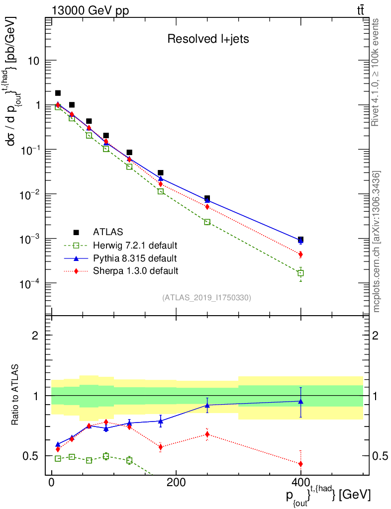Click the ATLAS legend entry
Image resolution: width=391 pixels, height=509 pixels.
click(108, 232)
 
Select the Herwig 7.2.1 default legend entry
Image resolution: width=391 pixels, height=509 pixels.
click(135, 245)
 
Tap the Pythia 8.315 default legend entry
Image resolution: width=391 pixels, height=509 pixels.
click(134, 258)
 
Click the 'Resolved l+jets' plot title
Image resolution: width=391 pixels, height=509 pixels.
click(208, 39)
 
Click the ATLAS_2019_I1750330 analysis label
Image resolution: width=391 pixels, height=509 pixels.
click(206, 298)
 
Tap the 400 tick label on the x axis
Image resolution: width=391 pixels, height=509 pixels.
click(300, 483)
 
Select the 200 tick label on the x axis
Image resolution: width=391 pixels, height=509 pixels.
click(176, 483)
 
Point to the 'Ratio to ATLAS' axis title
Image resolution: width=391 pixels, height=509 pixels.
click(16, 395)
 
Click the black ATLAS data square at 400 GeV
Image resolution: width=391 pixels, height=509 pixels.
click(300, 240)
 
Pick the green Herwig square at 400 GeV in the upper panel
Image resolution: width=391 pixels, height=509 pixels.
click(300, 273)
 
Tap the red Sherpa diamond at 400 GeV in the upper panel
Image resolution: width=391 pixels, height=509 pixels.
click(300, 254)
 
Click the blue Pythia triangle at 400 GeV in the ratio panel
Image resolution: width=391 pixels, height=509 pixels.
click(300, 401)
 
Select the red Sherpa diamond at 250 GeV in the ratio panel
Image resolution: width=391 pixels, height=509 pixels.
click(207, 434)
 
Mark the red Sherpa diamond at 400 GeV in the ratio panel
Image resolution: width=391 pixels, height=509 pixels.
click(300, 464)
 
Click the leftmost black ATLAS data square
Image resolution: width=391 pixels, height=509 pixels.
click(58, 93)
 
